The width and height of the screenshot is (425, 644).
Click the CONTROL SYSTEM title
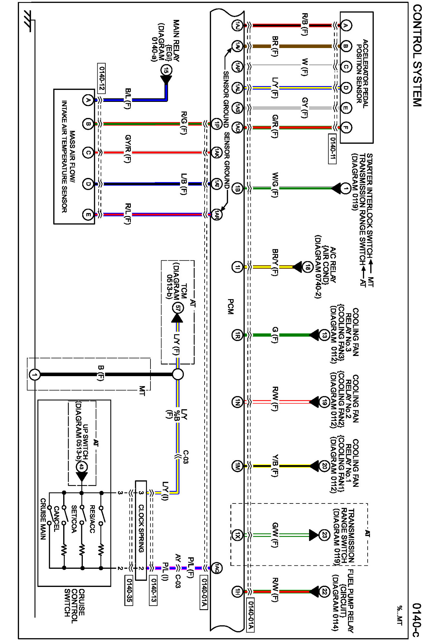click(417, 55)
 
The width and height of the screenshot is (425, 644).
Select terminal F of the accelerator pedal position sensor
click(346, 128)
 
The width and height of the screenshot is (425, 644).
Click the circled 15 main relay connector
click(166, 70)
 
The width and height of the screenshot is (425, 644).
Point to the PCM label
click(230, 307)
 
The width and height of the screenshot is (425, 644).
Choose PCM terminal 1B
click(237, 189)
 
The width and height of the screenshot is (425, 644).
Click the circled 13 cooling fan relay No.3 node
click(324, 335)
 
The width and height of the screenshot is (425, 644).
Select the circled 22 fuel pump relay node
click(324, 591)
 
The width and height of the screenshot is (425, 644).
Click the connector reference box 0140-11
click(332, 149)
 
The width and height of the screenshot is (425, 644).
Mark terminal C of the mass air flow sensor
click(88, 152)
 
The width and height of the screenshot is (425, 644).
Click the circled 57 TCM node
click(177, 308)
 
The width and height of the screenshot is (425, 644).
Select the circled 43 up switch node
click(82, 467)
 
